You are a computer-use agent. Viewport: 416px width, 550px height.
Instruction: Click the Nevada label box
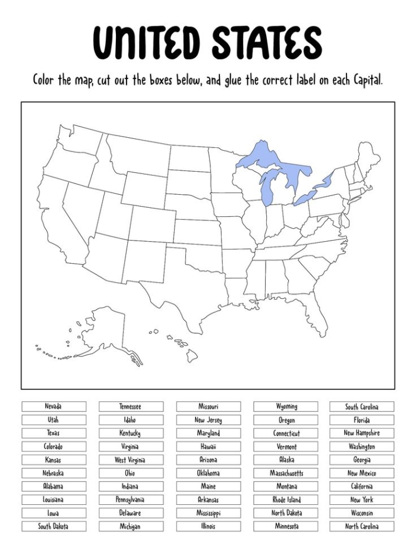54,407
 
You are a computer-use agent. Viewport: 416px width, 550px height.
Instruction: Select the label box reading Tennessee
131,407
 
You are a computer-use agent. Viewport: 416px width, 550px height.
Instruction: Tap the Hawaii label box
208,447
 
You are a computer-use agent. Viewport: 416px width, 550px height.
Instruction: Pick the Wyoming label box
286,407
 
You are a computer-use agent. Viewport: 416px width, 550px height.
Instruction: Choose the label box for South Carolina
362,407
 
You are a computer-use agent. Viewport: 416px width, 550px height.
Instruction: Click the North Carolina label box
362,526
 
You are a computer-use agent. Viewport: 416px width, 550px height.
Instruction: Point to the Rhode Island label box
286,500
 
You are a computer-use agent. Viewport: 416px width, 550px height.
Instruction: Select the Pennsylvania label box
131,500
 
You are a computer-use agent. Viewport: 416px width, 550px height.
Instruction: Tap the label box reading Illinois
208,526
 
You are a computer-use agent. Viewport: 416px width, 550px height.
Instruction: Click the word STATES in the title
267,43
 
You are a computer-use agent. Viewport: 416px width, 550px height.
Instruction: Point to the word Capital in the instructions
362,80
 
